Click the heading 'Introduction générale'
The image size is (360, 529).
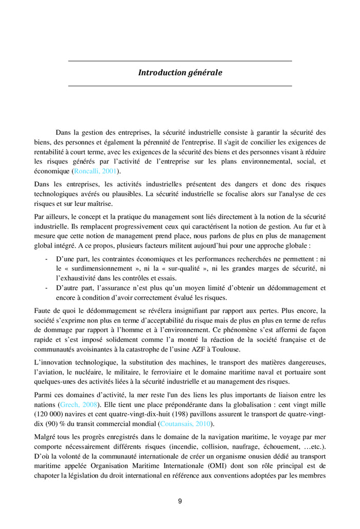pos(180,73)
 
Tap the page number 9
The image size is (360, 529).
pos(180,501)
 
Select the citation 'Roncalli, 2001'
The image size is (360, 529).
pos(95,171)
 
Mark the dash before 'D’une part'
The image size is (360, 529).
pos(47,259)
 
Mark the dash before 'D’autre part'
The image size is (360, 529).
pos(47,288)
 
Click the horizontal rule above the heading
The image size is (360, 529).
pos(180,61)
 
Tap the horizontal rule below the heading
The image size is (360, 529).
pos(180,85)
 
